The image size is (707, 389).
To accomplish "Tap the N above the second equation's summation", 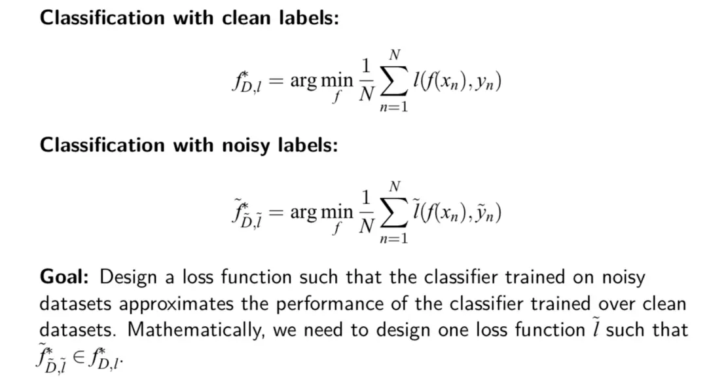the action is pos(395,187).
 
